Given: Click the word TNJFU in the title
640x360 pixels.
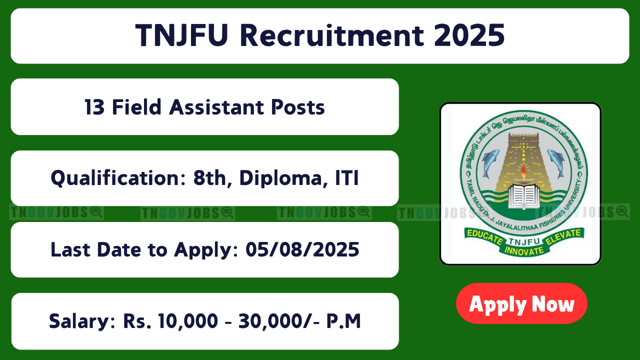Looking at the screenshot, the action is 181,35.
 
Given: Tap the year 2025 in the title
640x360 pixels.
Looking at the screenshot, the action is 469,35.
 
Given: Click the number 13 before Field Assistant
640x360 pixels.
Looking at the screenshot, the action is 94,107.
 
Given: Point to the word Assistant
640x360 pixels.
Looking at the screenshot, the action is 216,107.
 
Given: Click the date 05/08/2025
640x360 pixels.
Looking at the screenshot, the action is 302,249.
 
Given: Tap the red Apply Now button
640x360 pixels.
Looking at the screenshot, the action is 521,303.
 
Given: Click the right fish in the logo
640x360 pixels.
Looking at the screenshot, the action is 556,163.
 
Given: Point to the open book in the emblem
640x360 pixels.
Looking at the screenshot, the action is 523,196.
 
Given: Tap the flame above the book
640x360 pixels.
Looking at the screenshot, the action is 523,171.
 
